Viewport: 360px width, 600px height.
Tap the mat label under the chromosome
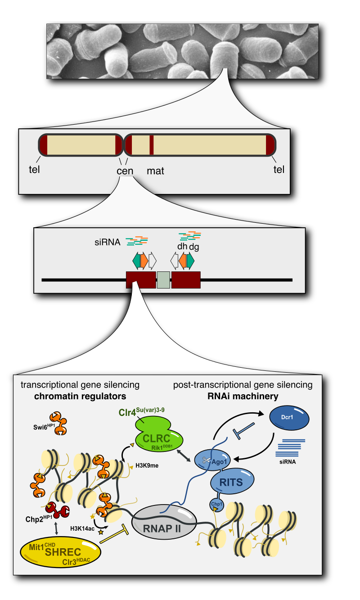[x=155, y=171]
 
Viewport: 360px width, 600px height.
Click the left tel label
[x=33, y=170]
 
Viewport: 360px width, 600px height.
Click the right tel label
[x=279, y=170]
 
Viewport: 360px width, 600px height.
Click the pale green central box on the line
[x=163, y=280]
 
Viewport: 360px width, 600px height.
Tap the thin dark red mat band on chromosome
[x=152, y=145]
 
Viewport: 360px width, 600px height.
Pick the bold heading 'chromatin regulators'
[x=80, y=396]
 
